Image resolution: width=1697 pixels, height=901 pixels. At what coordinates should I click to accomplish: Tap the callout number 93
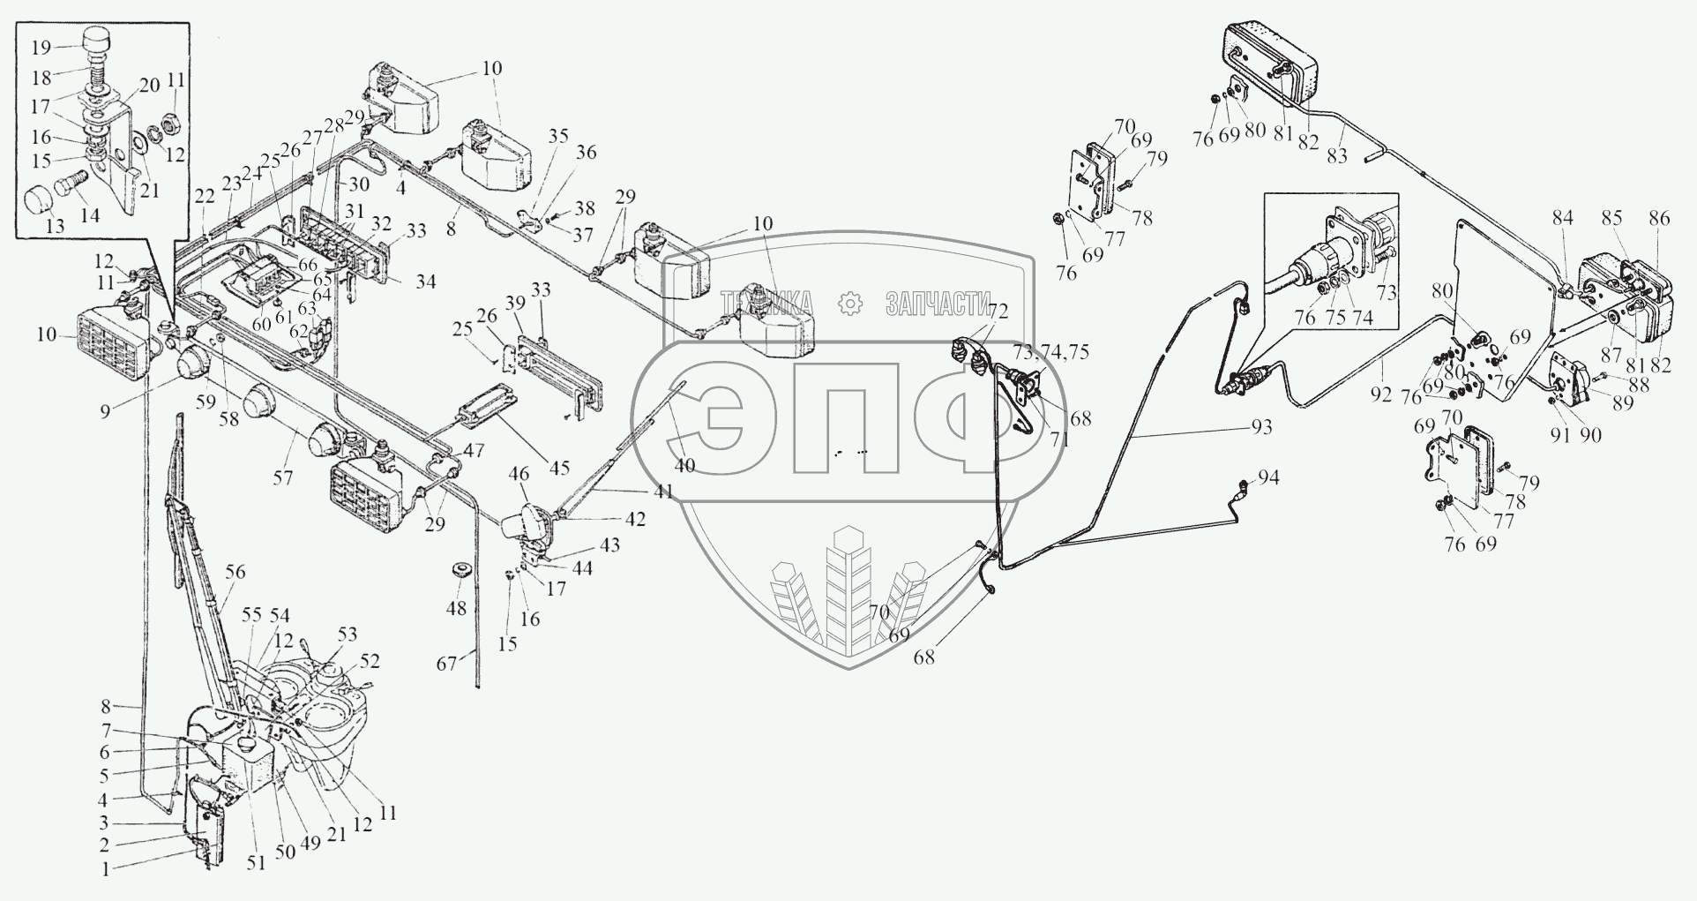click(x=1261, y=427)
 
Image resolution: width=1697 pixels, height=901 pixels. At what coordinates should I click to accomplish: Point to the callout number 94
click(x=1268, y=478)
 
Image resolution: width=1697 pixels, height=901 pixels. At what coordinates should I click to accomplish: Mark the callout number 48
click(x=457, y=608)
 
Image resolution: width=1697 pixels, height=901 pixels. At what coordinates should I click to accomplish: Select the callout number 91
click(x=1561, y=434)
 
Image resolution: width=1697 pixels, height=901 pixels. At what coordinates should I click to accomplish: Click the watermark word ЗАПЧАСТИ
click(x=937, y=305)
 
